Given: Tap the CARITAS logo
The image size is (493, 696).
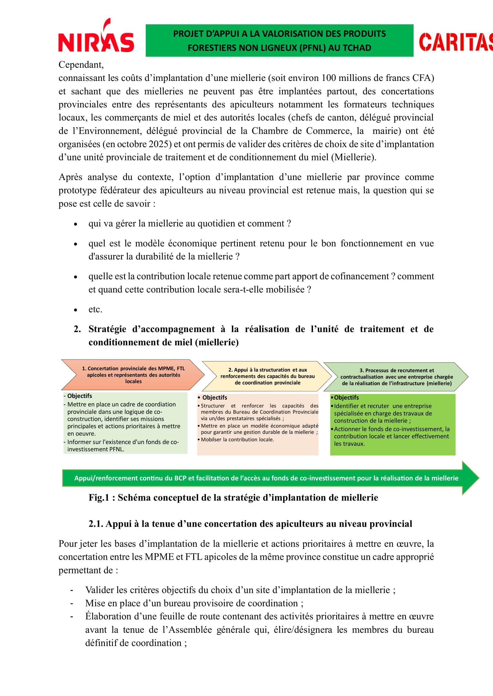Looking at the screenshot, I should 455,42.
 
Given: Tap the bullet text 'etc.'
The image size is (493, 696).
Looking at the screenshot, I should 95,309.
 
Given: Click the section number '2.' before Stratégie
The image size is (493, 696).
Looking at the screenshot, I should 77,329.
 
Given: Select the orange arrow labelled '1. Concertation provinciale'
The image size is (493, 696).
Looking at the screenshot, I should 133,375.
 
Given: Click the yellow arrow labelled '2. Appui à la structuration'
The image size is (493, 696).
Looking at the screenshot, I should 267,376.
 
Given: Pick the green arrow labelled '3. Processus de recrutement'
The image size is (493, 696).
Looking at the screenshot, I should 396,377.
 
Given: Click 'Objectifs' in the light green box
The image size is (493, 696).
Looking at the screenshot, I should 80,396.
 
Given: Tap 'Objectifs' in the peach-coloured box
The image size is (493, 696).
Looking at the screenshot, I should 215,398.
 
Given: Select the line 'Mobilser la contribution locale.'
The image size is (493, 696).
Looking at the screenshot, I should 237,440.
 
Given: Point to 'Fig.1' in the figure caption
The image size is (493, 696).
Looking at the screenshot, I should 99,498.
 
